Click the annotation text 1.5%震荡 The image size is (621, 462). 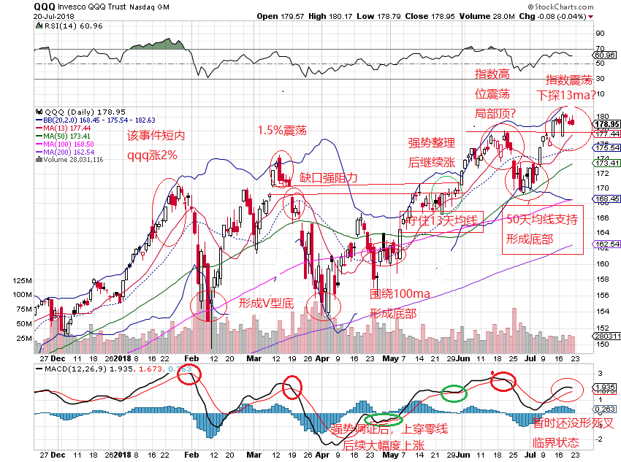click(x=282, y=131)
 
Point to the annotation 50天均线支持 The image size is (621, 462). click(x=542, y=220)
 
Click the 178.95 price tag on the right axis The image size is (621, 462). click(x=607, y=124)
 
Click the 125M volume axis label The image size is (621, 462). click(x=22, y=280)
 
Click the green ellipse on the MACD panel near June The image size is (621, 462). click(x=454, y=393)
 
